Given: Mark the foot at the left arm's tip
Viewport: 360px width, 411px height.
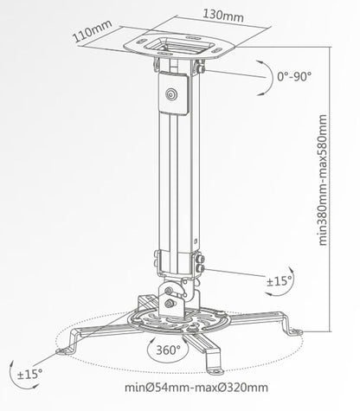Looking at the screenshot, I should [x=65, y=350].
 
